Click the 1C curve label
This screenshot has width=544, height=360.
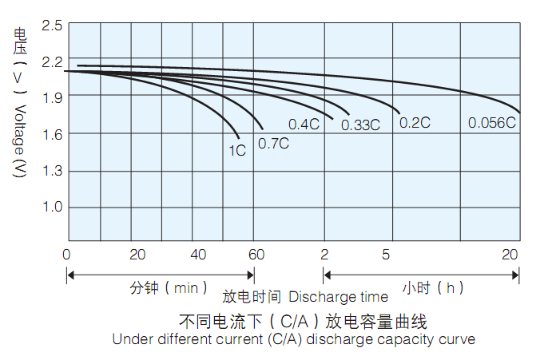click(x=237, y=149)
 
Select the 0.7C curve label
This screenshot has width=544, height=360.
click(x=273, y=144)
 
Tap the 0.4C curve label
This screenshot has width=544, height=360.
click(x=304, y=124)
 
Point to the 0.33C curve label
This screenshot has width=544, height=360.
click(x=360, y=125)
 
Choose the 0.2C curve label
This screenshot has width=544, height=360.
click(x=415, y=122)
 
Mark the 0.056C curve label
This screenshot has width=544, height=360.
click(x=492, y=122)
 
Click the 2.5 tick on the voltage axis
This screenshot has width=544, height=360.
click(x=52, y=26)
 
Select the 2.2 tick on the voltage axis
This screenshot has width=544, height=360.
click(x=52, y=61)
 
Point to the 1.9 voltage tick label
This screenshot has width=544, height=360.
click(x=52, y=97)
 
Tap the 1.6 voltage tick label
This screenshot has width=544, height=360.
click(x=52, y=134)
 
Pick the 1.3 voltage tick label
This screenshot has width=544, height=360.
click(x=52, y=171)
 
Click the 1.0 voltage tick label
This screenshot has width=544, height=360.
click(x=52, y=208)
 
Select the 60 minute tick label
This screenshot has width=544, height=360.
click(x=256, y=255)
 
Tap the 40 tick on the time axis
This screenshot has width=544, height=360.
click(x=199, y=255)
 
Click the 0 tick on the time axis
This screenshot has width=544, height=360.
click(x=67, y=255)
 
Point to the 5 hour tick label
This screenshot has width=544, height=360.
click(x=386, y=255)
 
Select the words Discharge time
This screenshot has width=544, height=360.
click(x=338, y=297)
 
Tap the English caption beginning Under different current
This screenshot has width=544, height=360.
click(x=293, y=339)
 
